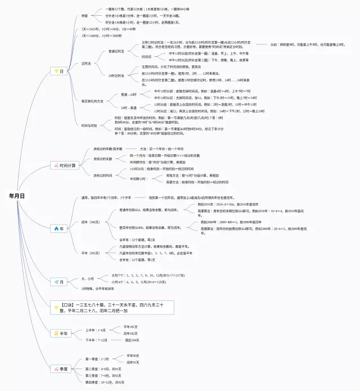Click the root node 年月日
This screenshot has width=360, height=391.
(17, 196)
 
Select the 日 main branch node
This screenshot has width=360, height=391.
(58, 71)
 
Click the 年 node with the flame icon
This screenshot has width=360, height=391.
(58, 228)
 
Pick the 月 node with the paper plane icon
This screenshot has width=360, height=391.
(58, 281)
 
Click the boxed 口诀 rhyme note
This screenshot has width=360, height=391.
(110, 307)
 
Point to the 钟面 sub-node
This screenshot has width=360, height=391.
(84, 16)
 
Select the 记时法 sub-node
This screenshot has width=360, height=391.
(86, 64)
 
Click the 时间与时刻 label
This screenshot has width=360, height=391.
(89, 125)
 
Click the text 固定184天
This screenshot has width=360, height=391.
(133, 340)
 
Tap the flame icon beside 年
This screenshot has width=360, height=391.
(55, 228)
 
